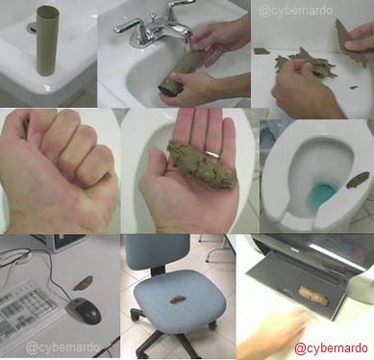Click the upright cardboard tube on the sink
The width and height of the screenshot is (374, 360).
pos(48,40)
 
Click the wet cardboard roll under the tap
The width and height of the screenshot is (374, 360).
pos(182,73)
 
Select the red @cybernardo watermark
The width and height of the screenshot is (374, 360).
pos(331,347)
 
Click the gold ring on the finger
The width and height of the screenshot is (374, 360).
pos(212,154)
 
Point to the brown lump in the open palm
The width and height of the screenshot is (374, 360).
pos(201,164)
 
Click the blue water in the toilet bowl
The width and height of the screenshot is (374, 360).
pos(321,195)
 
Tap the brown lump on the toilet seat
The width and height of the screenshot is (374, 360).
pos(358,180)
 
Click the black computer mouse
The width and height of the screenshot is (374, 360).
pos(84,310)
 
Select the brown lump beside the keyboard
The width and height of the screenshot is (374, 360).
pos(83,283)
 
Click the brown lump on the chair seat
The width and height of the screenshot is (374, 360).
pos(176,299)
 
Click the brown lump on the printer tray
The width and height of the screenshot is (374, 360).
pos(313,296)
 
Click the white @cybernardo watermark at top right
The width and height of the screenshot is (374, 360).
pos(295,11)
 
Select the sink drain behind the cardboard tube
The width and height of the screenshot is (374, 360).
pos(32,28)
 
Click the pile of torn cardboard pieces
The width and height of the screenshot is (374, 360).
pos(307,63)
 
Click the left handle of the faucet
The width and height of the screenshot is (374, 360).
pos(129,25)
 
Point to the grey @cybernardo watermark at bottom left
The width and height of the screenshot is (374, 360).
pos(62,347)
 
